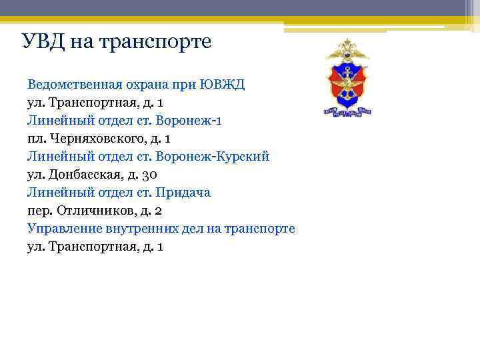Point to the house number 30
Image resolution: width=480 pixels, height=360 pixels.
[150, 175]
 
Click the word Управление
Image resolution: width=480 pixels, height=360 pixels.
[63, 229]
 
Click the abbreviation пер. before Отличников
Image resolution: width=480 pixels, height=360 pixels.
[38, 211]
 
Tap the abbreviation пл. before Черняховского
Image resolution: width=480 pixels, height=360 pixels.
[35, 139]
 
